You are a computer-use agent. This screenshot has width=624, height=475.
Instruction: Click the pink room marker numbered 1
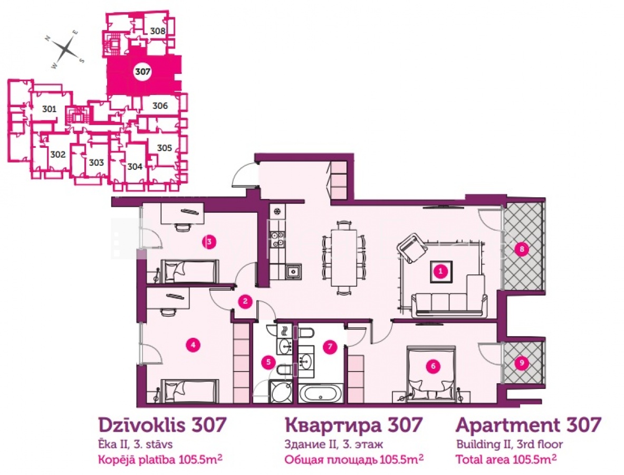pos(440,272)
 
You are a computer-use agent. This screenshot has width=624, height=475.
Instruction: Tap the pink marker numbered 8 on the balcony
pos(521,250)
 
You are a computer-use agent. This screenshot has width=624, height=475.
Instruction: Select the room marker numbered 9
pos(521,363)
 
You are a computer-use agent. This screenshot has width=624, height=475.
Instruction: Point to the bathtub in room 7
pos(320,393)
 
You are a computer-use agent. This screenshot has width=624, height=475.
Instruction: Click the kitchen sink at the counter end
pos(293,272)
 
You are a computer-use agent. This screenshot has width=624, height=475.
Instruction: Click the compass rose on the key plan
pos(67,50)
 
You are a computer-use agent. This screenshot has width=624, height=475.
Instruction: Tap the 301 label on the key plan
pos(49,109)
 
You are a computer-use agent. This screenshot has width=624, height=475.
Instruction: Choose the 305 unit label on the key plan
pos(164,148)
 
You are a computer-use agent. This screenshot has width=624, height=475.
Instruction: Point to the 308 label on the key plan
pos(158,31)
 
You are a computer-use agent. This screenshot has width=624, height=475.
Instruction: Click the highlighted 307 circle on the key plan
pos(142,72)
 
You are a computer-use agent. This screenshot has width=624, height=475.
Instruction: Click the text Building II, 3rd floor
pos(510,444)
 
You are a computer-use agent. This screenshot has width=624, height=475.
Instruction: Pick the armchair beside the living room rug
pos(412,247)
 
